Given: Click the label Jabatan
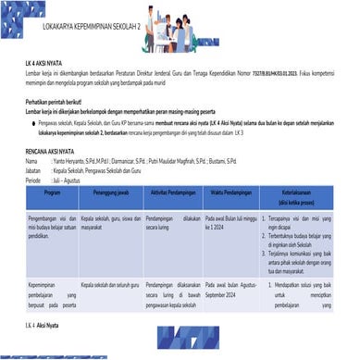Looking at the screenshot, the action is [x=36, y=170].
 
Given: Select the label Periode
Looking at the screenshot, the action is [x=35, y=180].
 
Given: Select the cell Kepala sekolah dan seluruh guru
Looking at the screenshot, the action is [x=110, y=283].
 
